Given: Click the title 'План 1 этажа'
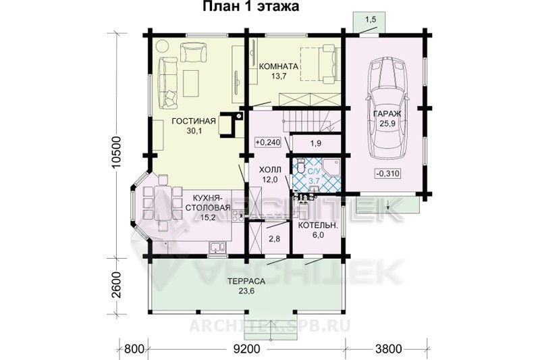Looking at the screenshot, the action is (x=250, y=6).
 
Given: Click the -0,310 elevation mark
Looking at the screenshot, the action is (x=388, y=174).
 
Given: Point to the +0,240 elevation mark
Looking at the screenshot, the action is (x=267, y=142).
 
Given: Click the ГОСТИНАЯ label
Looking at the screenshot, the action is (x=194, y=122).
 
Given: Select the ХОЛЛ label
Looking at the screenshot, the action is (x=270, y=170).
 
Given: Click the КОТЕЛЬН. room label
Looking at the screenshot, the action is (x=317, y=226).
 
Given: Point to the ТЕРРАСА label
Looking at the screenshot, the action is (x=246, y=281).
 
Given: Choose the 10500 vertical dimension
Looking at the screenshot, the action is (x=117, y=152).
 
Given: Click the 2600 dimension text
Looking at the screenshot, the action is (x=117, y=285).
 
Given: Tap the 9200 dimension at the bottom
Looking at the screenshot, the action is (x=246, y=349).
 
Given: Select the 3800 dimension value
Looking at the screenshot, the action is (x=389, y=349).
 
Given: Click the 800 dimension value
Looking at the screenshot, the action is (x=134, y=349).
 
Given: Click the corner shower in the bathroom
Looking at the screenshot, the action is (x=332, y=167).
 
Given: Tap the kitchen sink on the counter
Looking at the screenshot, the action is (x=217, y=247).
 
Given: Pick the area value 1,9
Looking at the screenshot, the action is (x=316, y=143).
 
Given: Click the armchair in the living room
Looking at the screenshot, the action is (x=194, y=52).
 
